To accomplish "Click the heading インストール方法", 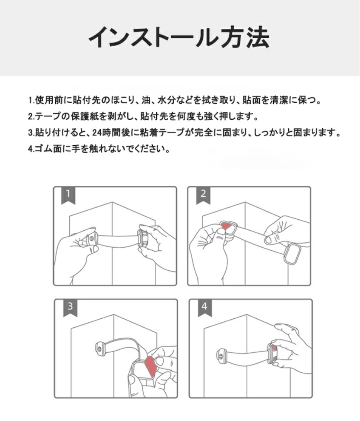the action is pyautogui.click(x=179, y=37).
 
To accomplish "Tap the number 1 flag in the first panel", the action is pyautogui.click(x=68, y=195).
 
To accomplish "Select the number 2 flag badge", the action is pyautogui.click(x=203, y=195).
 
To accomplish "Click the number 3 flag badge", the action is pyautogui.click(x=70, y=308).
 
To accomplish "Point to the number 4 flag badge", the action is pyautogui.click(x=205, y=308).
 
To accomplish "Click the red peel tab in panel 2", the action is pyautogui.click(x=226, y=227).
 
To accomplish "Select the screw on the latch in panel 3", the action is pyautogui.click(x=99, y=349).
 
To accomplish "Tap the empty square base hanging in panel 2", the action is pyautogui.click(x=292, y=254).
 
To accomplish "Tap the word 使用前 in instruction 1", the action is pyautogui.click(x=49, y=100).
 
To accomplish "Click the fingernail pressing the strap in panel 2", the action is pyautogui.click(x=268, y=240).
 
